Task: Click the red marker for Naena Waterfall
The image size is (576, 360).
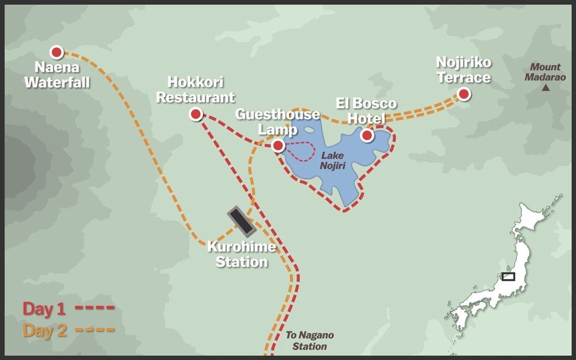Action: point(57,52)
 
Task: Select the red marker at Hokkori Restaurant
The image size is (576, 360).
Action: point(196,114)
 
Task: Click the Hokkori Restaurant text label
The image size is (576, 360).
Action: point(195,90)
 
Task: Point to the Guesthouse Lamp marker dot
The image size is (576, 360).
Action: point(278,146)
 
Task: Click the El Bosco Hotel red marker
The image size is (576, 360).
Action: point(367,136)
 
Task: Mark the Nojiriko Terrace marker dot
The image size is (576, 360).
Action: point(463,94)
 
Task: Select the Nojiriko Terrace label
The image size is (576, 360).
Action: point(464,70)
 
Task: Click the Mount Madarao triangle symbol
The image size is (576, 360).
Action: point(546,88)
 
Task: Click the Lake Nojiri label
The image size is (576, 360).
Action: point(333,161)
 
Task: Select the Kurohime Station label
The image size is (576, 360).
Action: point(241,254)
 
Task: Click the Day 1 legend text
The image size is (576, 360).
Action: point(44,309)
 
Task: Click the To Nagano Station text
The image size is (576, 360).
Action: point(309,341)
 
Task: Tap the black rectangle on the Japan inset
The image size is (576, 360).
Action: point(508,276)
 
